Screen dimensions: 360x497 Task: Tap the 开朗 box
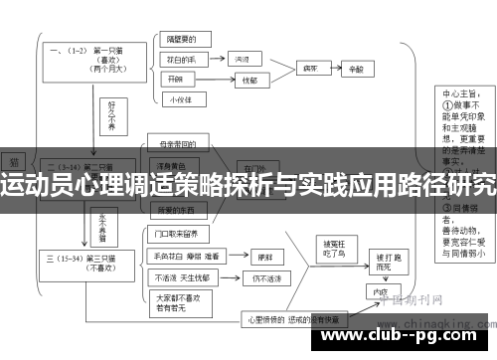tap(176, 80)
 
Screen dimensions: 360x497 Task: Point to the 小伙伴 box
tap(180, 98)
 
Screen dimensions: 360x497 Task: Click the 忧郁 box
tap(248, 80)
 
